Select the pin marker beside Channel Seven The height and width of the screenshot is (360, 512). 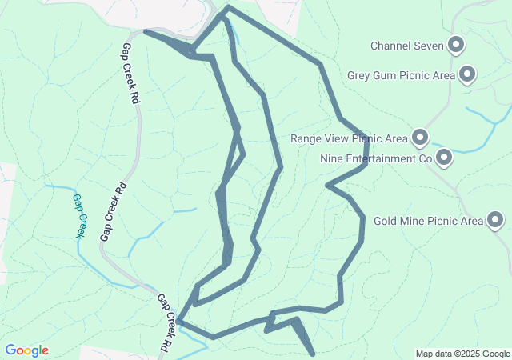pos(457,45)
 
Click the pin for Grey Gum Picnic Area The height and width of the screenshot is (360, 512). pos(468,75)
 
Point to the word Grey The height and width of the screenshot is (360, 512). pos(360,76)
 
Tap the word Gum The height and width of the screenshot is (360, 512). pos(387,76)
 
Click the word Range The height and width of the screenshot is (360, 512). pos(306,138)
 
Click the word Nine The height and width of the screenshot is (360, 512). pos(331,158)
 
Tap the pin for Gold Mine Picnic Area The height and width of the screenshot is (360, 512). pos(495,219)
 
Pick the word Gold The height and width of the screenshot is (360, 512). pos(386,221)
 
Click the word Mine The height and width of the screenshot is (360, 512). pos(413,221)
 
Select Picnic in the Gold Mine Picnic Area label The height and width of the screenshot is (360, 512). pos(443,221)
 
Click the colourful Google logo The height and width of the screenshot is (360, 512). pos(26,350)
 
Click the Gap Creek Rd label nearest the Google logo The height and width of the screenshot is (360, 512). pos(164,323)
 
